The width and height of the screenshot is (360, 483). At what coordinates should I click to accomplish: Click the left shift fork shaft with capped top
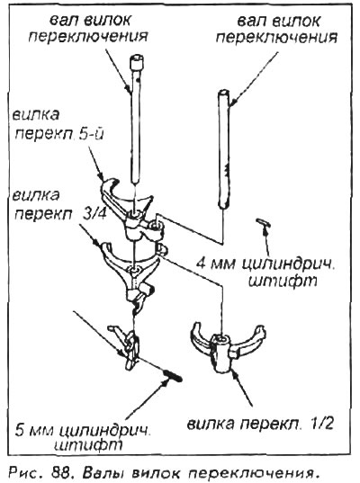(135, 119)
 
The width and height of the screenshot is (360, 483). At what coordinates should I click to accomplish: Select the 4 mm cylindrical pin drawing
(263, 222)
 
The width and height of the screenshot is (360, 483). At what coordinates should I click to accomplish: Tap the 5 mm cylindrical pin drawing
(173, 375)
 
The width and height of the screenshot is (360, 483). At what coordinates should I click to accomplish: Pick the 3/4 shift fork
(131, 271)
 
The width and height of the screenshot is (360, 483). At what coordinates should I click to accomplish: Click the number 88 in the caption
(63, 471)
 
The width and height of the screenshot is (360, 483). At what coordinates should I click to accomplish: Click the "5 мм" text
(34, 430)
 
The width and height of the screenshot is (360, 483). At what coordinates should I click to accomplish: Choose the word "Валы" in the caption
(102, 471)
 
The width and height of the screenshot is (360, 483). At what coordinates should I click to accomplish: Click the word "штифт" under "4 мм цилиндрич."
(283, 281)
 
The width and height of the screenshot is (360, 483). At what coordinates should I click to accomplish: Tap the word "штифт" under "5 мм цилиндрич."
(88, 444)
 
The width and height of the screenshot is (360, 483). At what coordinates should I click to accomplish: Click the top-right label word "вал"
(252, 22)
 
